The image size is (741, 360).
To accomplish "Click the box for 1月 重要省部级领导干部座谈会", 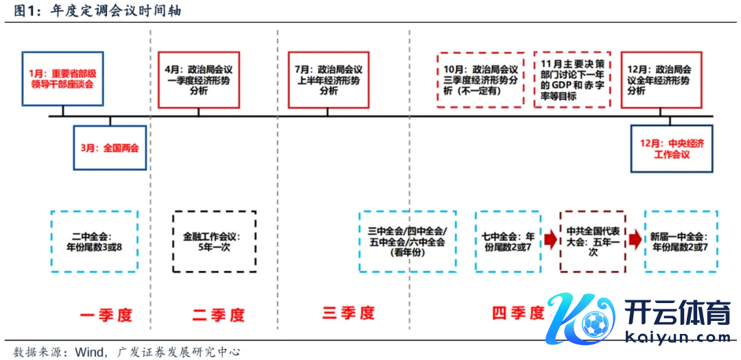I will click(62, 79).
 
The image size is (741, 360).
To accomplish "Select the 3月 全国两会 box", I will click(110, 147).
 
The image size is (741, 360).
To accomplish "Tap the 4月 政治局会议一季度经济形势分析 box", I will click(198, 79).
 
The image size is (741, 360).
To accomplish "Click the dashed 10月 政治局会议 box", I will click(481, 79).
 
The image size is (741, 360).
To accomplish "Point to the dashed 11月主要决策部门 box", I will click(572, 79).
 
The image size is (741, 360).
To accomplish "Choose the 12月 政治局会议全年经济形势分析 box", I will click(661, 79).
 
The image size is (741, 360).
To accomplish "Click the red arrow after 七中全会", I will click(550, 240).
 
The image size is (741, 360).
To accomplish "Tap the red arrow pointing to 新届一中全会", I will click(635, 240).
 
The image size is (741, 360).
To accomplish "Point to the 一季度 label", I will click(106, 315).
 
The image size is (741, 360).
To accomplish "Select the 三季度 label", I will click(349, 313).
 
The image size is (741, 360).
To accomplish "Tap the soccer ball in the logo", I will click(591, 323).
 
